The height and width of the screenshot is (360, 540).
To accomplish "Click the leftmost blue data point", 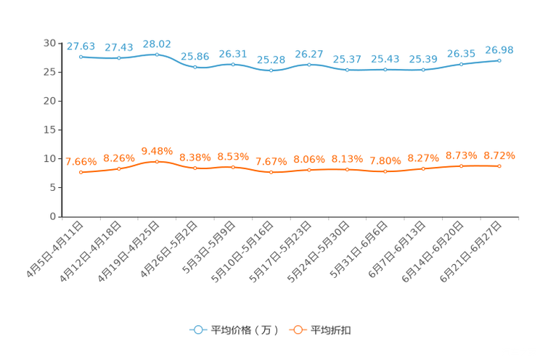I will click(81, 57).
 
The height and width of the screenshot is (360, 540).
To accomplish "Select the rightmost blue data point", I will click(499, 60).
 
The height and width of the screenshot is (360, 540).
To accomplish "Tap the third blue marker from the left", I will click(157, 54).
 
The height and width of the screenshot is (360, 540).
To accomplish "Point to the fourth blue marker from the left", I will click(195, 67).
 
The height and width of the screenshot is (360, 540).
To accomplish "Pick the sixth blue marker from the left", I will click(271, 70).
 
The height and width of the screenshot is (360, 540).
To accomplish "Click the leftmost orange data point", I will click(81, 172).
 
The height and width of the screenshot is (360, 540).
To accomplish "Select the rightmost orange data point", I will click(499, 165).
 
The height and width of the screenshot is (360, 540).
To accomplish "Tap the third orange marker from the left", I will click(157, 161).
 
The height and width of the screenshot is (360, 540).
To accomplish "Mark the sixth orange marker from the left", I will click(271, 172).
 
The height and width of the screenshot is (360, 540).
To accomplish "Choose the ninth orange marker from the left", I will click(385, 171).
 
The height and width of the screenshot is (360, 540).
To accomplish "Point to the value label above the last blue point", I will click(499, 49).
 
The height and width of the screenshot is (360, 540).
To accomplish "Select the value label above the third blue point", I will click(157, 44).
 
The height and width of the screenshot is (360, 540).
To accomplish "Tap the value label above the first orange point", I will click(81, 161).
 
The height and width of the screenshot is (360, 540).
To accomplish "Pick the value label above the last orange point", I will click(499, 155).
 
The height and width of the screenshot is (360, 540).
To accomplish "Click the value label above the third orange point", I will click(157, 150).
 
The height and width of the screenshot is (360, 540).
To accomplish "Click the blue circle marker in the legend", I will click(197, 330).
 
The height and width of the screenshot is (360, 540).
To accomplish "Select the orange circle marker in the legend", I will click(296, 330).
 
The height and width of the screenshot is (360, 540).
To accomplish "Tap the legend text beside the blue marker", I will click(244, 330).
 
